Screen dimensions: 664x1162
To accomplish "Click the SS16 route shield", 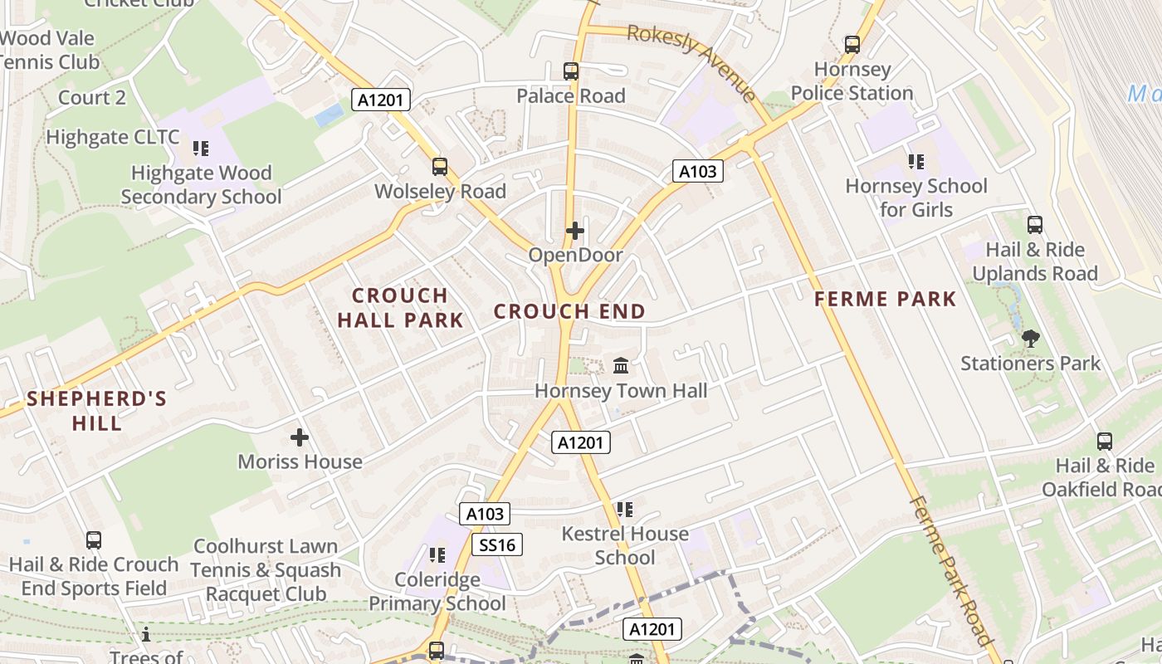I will click(x=498, y=544).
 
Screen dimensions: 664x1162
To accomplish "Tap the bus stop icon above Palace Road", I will click(x=571, y=71).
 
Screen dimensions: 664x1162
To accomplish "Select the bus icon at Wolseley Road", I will click(x=440, y=167).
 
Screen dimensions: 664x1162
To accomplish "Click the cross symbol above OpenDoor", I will click(x=575, y=231).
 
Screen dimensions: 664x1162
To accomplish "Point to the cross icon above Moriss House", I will click(x=300, y=437).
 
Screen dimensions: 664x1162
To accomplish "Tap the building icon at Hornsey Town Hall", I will click(x=621, y=366).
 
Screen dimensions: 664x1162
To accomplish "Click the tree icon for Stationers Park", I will click(x=1031, y=339).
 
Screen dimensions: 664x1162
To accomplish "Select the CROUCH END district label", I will click(x=569, y=312).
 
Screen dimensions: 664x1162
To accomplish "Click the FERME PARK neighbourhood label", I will click(x=886, y=299).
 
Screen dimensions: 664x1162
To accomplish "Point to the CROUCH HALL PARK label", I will click(x=400, y=308).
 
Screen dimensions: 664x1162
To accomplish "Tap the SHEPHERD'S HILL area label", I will click(x=97, y=411).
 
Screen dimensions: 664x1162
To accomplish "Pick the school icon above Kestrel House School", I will click(x=625, y=509).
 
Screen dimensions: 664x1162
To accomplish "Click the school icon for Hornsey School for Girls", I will click(x=916, y=161).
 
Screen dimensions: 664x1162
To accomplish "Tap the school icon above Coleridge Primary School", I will click(x=437, y=554).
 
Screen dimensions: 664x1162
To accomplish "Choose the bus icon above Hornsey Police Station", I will click(x=852, y=45).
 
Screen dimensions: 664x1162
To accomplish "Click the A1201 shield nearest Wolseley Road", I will click(x=381, y=100).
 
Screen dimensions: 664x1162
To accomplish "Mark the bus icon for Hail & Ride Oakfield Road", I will click(x=1105, y=442).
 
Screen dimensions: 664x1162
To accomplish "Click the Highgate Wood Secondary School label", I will click(x=202, y=185).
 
